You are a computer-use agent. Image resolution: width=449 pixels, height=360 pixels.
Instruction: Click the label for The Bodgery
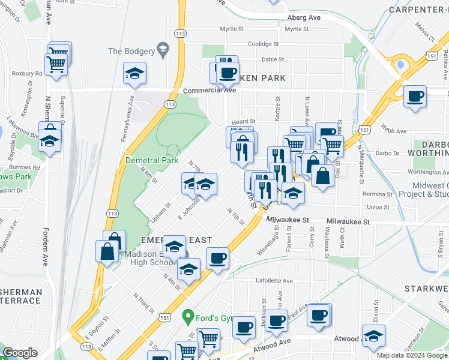(130, 51)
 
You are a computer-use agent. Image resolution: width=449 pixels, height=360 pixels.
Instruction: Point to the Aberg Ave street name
(304, 17)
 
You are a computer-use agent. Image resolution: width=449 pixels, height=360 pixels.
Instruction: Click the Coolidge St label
(264, 44)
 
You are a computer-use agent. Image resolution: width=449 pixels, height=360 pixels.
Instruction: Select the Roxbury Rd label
(26, 74)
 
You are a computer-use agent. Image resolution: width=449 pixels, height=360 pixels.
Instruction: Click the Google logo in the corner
(20, 353)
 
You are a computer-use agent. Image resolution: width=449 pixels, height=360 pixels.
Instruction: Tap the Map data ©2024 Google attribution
(412, 355)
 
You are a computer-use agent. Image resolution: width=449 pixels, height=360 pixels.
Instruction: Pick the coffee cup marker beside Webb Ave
(415, 97)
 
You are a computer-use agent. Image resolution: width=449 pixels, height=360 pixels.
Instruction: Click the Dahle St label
(273, 59)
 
